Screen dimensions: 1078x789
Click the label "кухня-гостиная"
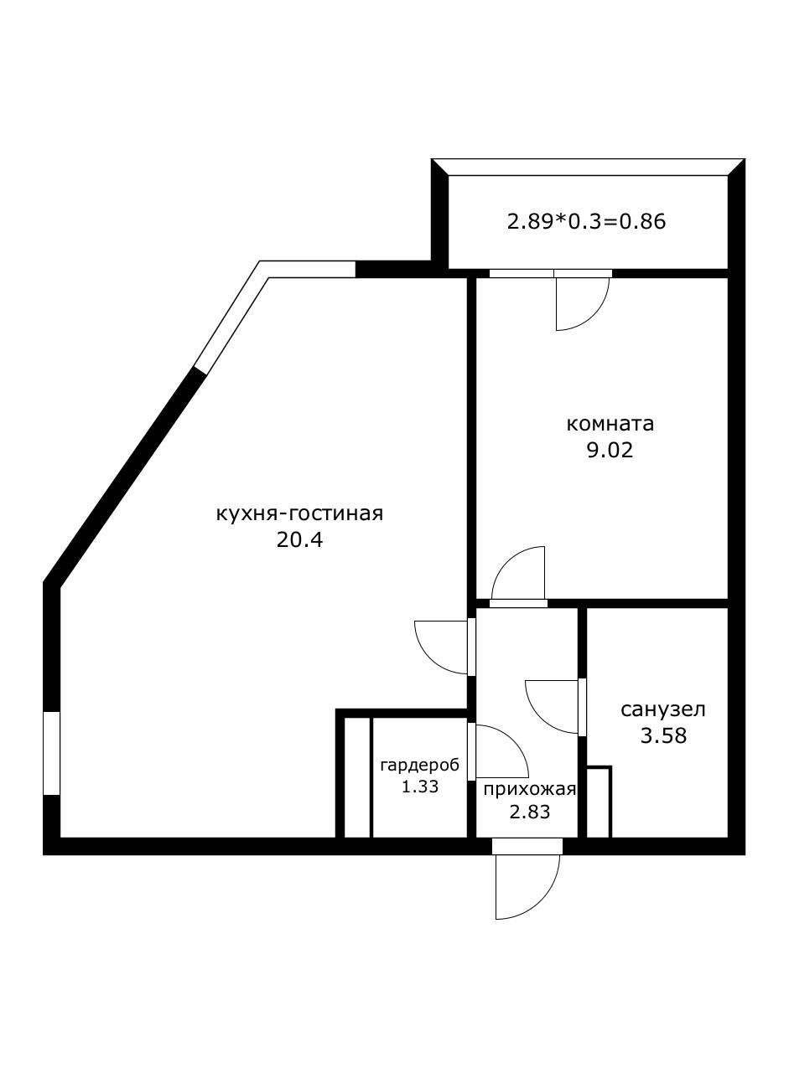(x=299, y=513)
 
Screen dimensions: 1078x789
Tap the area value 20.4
(x=299, y=539)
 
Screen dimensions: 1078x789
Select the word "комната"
(x=610, y=424)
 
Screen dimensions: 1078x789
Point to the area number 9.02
(x=610, y=451)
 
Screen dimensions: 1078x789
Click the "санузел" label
(x=662, y=710)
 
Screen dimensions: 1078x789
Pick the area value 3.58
(x=662, y=737)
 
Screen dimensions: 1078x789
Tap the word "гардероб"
(x=419, y=766)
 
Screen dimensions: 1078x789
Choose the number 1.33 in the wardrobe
(x=419, y=787)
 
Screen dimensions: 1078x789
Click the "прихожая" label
(x=529, y=789)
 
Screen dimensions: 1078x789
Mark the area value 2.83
(x=529, y=811)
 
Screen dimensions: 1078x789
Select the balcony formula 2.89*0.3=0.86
(x=586, y=223)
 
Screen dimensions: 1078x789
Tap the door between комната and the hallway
(x=519, y=575)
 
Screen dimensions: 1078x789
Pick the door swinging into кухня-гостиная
(x=442, y=647)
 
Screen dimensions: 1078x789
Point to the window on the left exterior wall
(x=52, y=753)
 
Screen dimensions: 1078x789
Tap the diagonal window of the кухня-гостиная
(x=229, y=322)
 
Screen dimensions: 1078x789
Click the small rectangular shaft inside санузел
(x=598, y=802)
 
